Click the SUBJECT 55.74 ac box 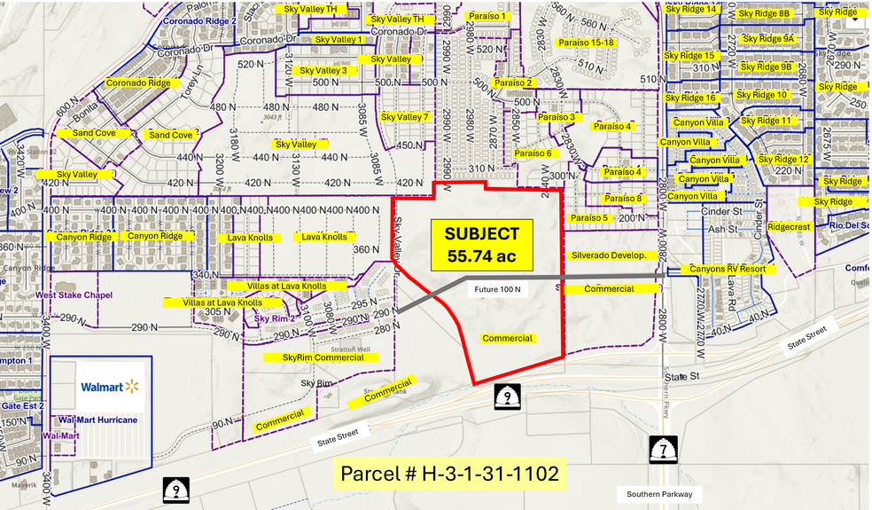point(482,246)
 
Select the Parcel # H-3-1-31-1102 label point(451,474)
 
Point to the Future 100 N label point(498,289)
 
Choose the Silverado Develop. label point(614,255)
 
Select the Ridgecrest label point(789,227)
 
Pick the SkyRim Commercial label point(323,357)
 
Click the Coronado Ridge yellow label point(137,82)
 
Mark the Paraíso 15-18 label point(586,43)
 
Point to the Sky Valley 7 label point(404,117)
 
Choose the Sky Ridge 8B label point(766,14)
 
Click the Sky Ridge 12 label point(783,160)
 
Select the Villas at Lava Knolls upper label point(276,286)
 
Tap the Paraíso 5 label point(589,218)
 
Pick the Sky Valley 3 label point(323,71)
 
